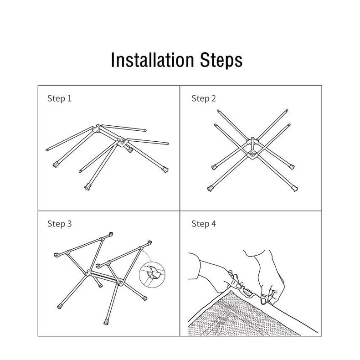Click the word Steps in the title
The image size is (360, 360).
[x=221, y=60]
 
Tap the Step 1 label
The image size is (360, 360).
[x=59, y=98]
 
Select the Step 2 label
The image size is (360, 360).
[x=204, y=98]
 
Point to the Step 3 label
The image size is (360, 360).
[x=59, y=224]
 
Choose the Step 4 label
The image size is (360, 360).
[x=204, y=224]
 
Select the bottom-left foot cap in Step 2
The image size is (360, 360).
[x=210, y=189]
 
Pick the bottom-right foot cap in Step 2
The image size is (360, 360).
[x=295, y=189]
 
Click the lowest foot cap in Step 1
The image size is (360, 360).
[x=87, y=187]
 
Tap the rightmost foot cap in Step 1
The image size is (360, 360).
[x=165, y=170]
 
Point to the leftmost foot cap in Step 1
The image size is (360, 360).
[x=56, y=165]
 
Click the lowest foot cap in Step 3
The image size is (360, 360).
[x=106, y=322]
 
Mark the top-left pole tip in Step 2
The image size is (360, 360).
[x=218, y=111]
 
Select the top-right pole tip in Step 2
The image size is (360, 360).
[x=287, y=111]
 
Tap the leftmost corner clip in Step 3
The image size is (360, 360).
[x=56, y=255]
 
